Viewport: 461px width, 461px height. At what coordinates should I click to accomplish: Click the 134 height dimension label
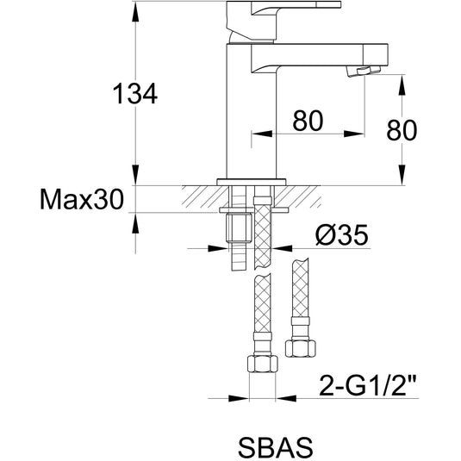(x=135, y=94)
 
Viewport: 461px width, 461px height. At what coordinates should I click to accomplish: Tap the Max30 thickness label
(x=82, y=199)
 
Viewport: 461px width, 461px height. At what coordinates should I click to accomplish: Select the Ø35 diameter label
(x=341, y=234)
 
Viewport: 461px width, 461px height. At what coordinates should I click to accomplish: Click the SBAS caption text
(x=276, y=446)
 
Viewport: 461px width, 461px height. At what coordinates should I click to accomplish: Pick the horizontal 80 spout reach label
(x=308, y=121)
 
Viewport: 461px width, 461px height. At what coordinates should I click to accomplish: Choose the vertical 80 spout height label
(x=402, y=130)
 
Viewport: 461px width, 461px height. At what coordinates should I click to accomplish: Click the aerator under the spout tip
(x=363, y=72)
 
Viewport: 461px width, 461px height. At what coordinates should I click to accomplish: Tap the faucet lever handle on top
(x=283, y=21)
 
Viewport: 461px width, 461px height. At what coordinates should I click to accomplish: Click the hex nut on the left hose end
(x=263, y=364)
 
